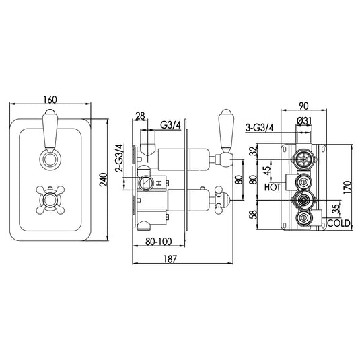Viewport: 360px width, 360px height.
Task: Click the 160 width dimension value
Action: click(x=49, y=100)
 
